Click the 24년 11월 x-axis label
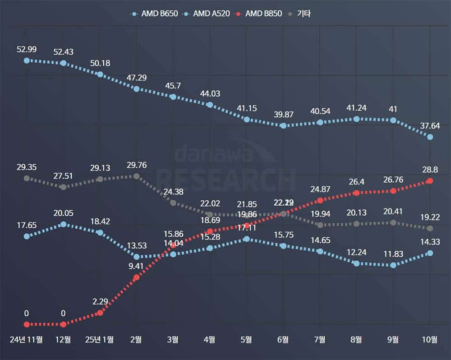pos(27,340)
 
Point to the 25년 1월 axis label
pos(100,340)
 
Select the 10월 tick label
pos(430,340)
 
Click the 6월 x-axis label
pos(283,340)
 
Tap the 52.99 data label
pos(26,49)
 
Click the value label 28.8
pos(430,170)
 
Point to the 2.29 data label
pos(100,301)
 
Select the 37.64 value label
pos(430,126)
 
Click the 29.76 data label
pos(137,165)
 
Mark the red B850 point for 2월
pos(137,277)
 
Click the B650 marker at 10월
pos(430,137)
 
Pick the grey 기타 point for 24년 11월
pos(27,178)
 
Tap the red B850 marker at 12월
pos(63,324)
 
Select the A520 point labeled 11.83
pos(393,265)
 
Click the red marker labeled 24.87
pos(320,200)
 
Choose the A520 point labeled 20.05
pos(63,224)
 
